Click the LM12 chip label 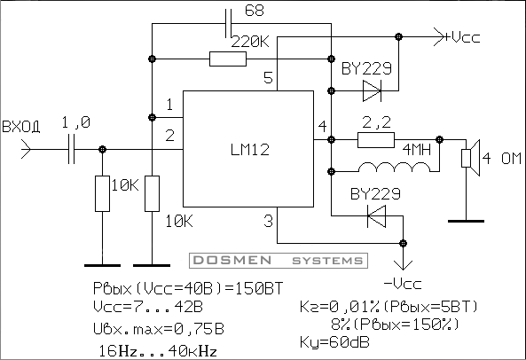pos(250,150)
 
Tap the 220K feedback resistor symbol pos(228,59)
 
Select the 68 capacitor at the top pos(228,23)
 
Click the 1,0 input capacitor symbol pos(72,149)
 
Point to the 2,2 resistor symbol pos(376,140)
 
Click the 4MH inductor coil pos(395,168)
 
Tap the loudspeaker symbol pos(471,158)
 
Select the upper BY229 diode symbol pos(372,90)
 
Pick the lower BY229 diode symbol pos(376,216)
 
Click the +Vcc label pos(462,37)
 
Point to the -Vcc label pos(402,284)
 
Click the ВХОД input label pos(20,127)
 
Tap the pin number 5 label pos(269,77)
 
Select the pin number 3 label pos(269,221)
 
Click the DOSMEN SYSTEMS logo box pos(279,261)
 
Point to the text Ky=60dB pos(334,342)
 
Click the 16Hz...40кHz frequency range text pos(158,351)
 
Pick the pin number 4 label pos(322,127)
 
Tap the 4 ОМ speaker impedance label pos(502,158)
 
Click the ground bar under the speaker pos(466,221)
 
